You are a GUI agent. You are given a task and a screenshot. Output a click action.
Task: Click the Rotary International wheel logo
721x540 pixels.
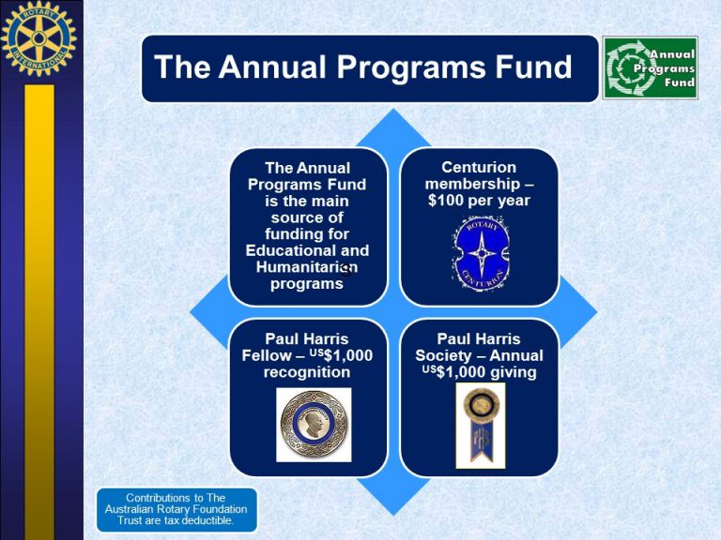[38, 38]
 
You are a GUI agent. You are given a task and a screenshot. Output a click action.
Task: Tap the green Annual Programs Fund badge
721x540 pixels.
[651, 67]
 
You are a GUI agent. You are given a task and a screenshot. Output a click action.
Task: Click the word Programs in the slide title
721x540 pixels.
[411, 67]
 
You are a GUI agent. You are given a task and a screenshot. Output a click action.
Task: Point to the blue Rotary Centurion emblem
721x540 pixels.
[481, 253]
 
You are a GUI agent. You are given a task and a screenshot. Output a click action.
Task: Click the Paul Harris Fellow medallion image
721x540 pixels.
[314, 425]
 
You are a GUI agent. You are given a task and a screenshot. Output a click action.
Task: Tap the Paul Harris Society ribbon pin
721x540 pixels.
[481, 426]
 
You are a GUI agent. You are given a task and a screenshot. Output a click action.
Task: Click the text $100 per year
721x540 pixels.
[479, 201]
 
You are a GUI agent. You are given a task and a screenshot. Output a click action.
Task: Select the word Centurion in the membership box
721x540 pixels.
[479, 167]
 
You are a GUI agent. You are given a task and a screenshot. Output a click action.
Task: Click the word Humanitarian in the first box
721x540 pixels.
[307, 267]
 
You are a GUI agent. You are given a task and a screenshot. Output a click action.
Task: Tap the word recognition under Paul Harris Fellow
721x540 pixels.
[307, 372]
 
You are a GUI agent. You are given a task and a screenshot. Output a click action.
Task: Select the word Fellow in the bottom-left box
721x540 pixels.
[267, 356]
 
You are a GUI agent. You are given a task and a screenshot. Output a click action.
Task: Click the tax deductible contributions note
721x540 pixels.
[176, 509]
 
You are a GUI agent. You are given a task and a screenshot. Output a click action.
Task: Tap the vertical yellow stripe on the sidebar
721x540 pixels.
[39, 312]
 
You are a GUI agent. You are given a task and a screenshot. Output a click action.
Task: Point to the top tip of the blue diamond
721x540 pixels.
[393, 109]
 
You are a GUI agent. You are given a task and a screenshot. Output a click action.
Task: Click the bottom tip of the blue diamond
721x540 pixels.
[393, 516]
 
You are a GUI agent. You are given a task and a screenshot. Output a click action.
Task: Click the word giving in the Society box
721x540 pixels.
[514, 373]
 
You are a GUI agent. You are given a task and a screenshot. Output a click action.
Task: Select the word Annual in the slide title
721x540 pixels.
[272, 67]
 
